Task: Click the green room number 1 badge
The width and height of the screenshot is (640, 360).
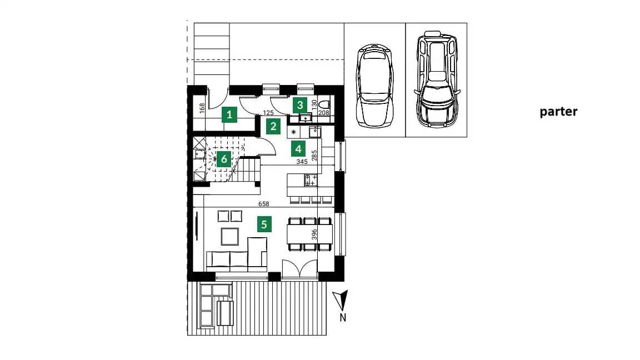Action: (229, 114)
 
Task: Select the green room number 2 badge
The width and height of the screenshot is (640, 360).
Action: (273, 127)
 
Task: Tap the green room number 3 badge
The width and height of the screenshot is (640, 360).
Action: (300, 106)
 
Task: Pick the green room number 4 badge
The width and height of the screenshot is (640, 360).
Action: (298, 149)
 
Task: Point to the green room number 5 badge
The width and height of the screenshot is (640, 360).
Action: (264, 224)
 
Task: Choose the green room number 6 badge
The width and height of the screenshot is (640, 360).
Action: (224, 159)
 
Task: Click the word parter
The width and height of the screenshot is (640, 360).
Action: (558, 112)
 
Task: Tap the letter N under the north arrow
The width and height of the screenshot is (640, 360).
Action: (343, 317)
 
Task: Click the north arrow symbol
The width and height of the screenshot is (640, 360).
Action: (341, 300)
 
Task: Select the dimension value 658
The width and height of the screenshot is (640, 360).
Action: (264, 204)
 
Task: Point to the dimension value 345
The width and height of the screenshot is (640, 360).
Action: (302, 162)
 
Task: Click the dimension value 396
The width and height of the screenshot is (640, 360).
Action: (314, 234)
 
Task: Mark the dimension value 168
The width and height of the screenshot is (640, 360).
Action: (202, 108)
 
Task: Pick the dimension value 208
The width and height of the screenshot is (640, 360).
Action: (324, 113)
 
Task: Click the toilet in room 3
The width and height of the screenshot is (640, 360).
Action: (324, 104)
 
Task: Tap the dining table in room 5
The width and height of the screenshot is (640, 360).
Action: (310, 234)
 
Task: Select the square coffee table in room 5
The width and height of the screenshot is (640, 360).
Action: (230, 236)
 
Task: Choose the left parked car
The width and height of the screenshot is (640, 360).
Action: (374, 86)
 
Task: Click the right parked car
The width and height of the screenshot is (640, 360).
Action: (437, 79)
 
